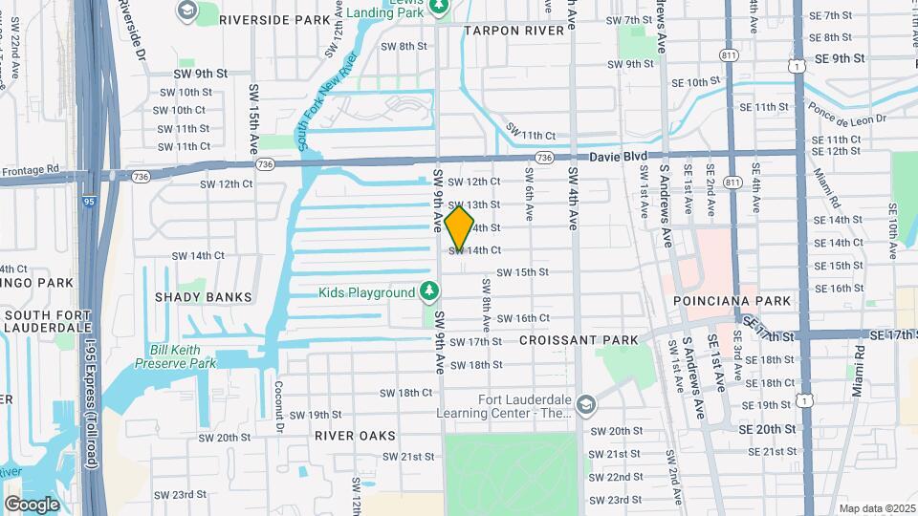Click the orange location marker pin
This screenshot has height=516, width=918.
(x=459, y=227)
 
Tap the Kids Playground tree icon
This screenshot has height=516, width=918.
(x=430, y=291)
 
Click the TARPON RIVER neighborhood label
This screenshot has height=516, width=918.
(x=514, y=31)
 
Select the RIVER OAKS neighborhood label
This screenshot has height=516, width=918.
(x=355, y=435)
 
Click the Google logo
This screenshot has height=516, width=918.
(x=33, y=504)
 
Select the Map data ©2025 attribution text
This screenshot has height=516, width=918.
(x=876, y=508)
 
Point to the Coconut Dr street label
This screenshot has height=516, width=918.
(x=279, y=406)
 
